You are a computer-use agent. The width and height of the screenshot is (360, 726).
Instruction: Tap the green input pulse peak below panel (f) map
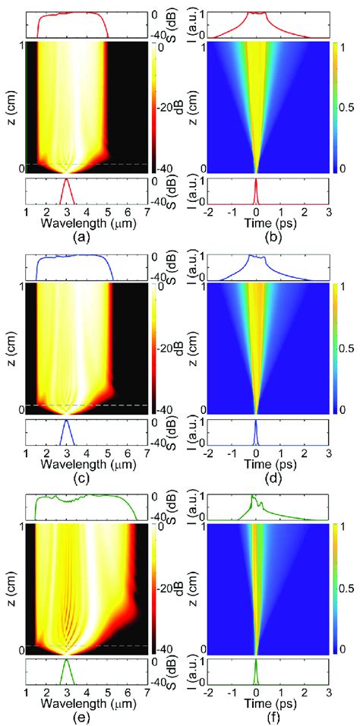(256, 663)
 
